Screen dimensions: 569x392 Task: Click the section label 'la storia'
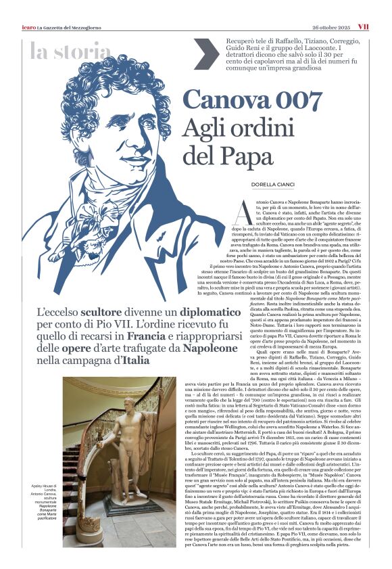click(x=70, y=51)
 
